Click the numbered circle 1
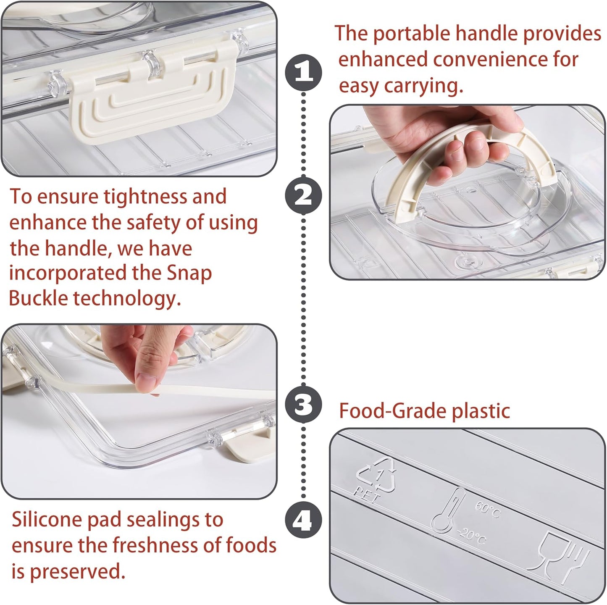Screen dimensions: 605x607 304,72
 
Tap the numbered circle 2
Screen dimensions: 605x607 304,196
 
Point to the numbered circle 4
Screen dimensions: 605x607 304,521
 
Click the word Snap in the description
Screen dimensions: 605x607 189,273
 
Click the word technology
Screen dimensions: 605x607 127,299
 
